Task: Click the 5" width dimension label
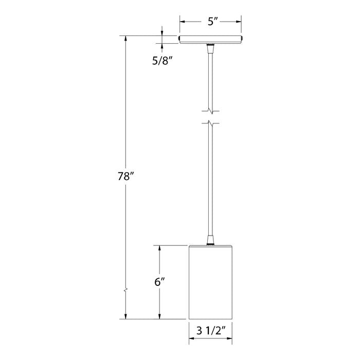coord(210,23)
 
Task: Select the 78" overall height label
coord(125,176)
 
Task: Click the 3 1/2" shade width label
coord(210,331)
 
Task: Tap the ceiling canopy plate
coord(210,39)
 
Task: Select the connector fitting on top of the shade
coord(210,240)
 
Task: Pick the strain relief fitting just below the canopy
coord(210,49)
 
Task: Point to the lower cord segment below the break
coord(210,180)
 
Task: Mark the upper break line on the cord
coord(210,110)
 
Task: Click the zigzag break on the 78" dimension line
coord(125,292)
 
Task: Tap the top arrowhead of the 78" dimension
coord(125,39)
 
